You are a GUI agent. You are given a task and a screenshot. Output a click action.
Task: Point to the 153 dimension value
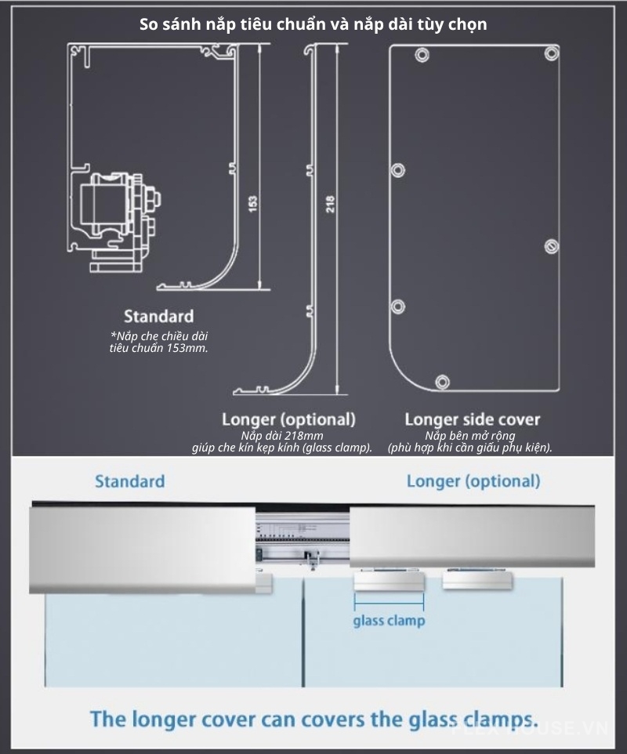252,203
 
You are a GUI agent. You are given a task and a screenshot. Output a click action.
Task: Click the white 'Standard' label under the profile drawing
158,317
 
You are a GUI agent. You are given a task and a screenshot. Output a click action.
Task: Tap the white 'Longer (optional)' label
288,419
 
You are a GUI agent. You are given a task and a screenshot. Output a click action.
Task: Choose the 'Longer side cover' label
472,419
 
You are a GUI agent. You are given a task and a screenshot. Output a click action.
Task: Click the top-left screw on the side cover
422,56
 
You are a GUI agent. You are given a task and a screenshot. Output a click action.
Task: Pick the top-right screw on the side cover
552,53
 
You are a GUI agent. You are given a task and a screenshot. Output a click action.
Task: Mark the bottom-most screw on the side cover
442,382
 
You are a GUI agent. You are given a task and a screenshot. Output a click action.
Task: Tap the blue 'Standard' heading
130,481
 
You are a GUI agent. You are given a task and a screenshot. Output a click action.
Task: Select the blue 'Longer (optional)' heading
473,481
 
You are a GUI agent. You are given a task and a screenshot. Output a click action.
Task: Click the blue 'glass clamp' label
389,621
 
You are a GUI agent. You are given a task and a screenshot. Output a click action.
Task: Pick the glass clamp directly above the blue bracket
389,581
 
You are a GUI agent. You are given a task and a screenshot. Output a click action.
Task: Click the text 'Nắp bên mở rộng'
470,436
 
